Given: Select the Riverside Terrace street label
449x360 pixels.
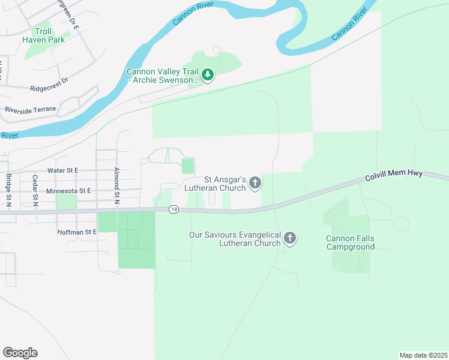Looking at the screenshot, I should [30, 109].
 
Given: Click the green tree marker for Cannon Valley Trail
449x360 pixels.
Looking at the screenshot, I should [208, 75].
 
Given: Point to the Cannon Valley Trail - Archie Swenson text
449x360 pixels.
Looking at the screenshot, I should [162, 76].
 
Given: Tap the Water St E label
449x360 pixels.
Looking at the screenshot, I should [63, 170].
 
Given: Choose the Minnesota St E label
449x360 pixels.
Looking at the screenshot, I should [68, 190].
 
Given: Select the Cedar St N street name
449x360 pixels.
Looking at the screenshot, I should [35, 190].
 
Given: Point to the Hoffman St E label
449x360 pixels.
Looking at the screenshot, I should [77, 232].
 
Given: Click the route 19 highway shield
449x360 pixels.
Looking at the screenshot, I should [173, 209].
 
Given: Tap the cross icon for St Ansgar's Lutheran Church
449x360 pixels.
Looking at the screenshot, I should [255, 183].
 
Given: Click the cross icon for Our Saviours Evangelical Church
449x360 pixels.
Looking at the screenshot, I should [289, 239].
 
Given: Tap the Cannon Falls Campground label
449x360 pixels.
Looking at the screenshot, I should [350, 242].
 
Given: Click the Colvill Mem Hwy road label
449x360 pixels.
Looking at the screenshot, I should [394, 176].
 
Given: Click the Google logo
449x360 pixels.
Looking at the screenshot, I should [20, 352].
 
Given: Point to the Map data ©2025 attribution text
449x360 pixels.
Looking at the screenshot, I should [423, 355].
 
